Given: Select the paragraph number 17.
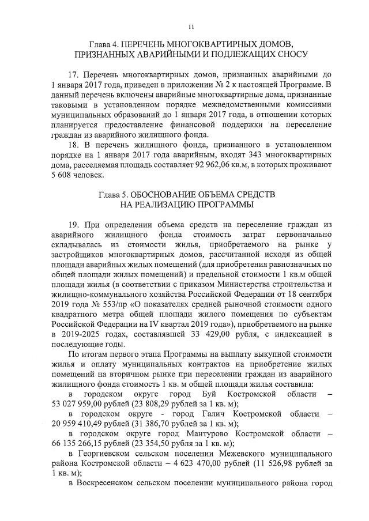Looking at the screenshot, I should [73, 76].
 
